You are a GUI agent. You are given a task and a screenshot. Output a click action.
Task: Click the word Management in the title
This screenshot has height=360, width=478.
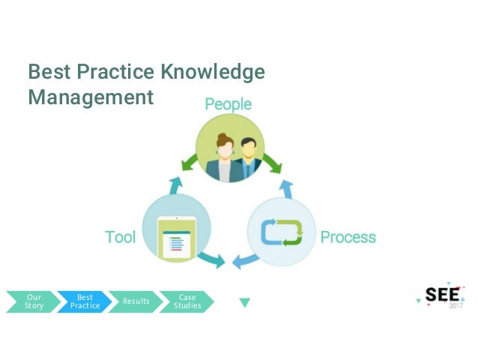pos(90,97)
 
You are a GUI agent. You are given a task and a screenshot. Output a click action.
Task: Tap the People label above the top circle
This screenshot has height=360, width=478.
pos(229,104)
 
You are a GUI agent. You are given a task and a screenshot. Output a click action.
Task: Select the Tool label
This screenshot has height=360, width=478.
pos(120,238)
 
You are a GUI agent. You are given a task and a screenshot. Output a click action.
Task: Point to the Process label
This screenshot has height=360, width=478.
pos(348,238)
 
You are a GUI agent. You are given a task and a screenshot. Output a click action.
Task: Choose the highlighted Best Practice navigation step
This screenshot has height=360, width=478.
pos(84,301)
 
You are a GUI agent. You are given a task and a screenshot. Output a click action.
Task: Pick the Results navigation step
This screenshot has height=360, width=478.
pos(136,301)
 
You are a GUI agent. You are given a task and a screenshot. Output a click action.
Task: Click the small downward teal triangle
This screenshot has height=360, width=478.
pos(244,303)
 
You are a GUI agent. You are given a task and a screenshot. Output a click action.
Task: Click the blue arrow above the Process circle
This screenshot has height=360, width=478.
pos(285,186)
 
